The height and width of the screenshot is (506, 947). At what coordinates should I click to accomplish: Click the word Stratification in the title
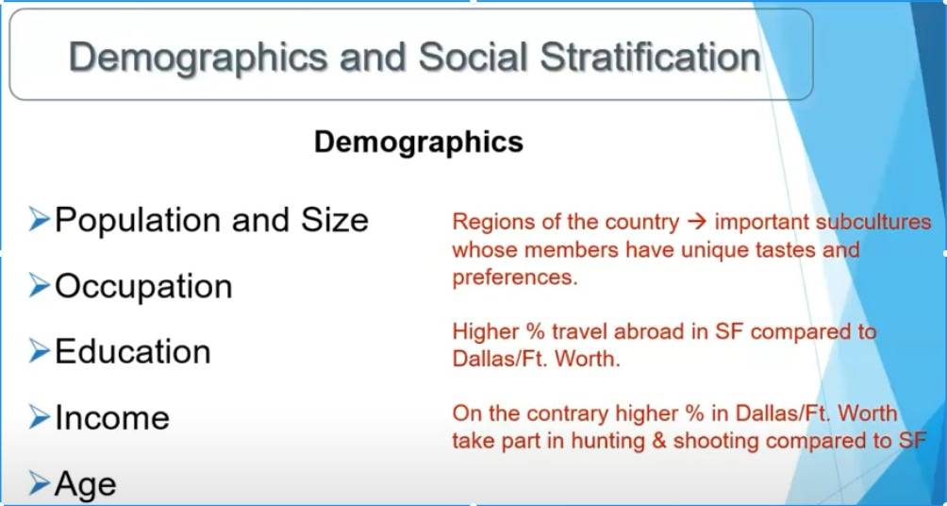pos(651,58)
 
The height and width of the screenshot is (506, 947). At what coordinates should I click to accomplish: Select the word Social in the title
pos(472,58)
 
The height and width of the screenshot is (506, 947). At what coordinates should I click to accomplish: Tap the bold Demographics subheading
pos(419,143)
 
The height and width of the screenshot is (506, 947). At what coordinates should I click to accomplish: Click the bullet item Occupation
pos(143,287)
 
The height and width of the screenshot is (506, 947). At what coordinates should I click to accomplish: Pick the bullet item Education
pos(133,351)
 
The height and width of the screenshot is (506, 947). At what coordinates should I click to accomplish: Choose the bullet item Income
pos(112,418)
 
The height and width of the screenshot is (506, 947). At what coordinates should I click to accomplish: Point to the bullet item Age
pos(85,484)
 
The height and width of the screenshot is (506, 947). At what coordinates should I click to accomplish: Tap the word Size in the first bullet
pos(335,219)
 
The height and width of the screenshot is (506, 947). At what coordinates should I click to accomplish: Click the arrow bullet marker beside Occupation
pos(39,287)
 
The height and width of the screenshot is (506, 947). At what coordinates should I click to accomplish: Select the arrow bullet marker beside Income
pos(39,417)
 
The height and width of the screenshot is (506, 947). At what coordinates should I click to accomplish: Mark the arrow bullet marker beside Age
pos(39,483)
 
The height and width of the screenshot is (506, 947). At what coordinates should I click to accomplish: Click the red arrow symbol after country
pos(697,222)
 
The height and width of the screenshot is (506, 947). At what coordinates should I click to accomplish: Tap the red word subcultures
pos(873,222)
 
